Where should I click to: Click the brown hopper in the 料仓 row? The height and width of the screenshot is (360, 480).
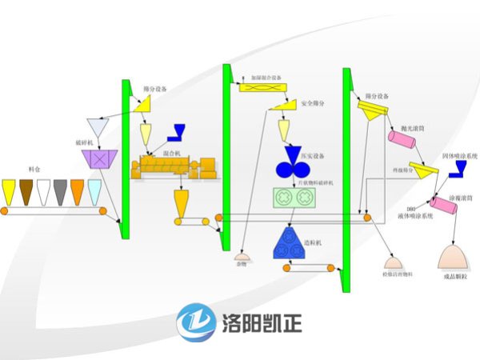[x=25, y=190]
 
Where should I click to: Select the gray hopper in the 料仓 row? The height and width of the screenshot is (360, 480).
[x=59, y=190]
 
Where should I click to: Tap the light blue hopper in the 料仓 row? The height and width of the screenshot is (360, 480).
[x=94, y=190]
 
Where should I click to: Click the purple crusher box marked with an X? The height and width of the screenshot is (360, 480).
[x=100, y=159]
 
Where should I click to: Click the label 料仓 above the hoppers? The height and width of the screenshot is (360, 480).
[x=34, y=170]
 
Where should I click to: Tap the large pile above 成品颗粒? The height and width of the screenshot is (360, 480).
[x=454, y=257]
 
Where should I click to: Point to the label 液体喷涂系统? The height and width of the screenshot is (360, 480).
[x=414, y=217]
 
